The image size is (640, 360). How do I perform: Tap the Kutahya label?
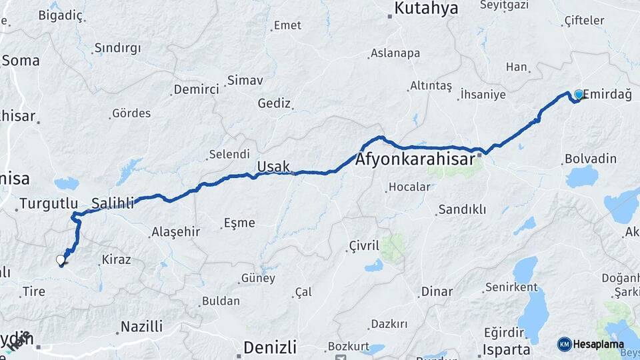click(427, 8)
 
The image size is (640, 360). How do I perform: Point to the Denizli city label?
click(269, 347)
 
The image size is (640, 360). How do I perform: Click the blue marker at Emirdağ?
click(579, 95)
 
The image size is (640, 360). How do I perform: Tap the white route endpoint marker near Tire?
click(61, 260)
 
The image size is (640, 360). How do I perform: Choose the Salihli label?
click(113, 202)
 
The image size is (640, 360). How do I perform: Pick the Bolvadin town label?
click(590, 159)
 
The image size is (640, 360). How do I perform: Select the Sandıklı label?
click(461, 209)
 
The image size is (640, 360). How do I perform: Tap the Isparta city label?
click(507, 349)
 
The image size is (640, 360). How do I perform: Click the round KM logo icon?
click(565, 344)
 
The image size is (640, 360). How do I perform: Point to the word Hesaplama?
click(599, 345)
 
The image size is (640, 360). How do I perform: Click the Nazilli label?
click(141, 327)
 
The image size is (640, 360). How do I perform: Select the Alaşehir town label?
click(175, 231)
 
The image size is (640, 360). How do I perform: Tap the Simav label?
click(245, 80)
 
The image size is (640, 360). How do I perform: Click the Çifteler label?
click(584, 21)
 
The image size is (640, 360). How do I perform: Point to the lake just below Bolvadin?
click(582, 177)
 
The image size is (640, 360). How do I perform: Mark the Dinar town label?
click(437, 291)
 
